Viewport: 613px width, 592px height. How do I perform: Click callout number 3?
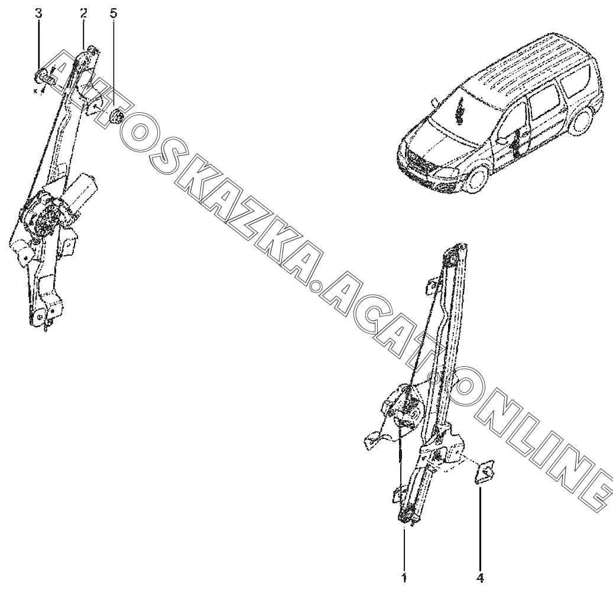pos(38,14)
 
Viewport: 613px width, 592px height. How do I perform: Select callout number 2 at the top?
pos(84,14)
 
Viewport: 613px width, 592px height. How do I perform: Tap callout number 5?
pos(113,14)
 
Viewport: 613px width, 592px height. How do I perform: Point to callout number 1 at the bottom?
pos(404,578)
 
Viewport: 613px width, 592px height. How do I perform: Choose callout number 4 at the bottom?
pos(481,578)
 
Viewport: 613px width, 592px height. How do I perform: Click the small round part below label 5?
pos(116,116)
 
